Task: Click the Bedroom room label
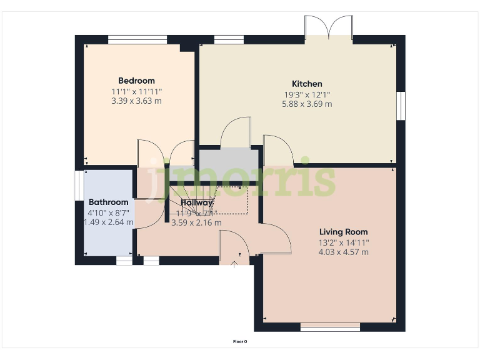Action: tap(136, 81)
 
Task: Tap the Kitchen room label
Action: tap(307, 84)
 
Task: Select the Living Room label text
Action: tap(343, 232)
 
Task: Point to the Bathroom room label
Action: tap(108, 202)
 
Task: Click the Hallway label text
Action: tap(197, 202)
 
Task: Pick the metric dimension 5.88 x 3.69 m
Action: tap(307, 104)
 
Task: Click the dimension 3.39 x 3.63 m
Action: tap(136, 101)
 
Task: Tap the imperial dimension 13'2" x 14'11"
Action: tap(343, 242)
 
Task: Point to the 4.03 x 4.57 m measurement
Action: tap(343, 252)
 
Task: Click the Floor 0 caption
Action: tap(240, 342)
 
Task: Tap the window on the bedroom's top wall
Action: tap(137, 39)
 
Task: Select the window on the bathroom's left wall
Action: tap(79, 185)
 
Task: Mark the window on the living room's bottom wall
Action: tap(330, 327)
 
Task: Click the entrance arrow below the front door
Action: tap(234, 264)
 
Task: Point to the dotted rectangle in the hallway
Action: tap(232, 199)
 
